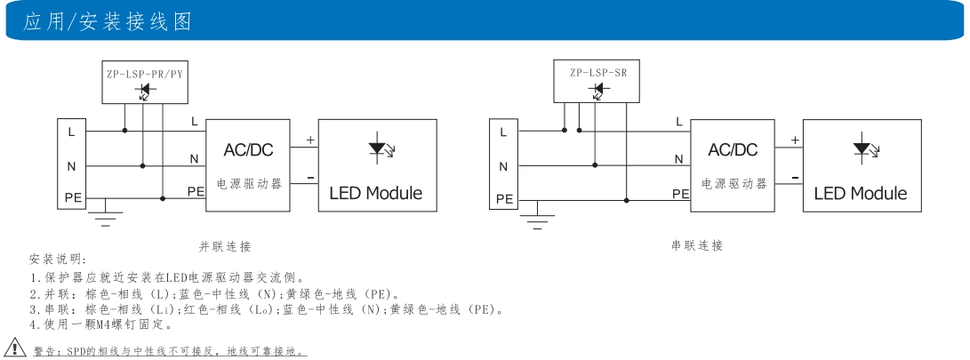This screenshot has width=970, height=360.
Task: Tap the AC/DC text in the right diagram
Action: click(733, 150)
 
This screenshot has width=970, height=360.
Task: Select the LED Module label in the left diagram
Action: click(376, 193)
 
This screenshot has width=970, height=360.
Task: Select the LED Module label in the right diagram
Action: click(861, 193)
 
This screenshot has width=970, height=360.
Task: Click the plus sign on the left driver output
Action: click(310, 140)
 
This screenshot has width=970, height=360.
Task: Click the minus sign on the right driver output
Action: click(795, 178)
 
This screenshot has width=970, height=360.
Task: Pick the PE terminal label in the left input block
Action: click(73, 198)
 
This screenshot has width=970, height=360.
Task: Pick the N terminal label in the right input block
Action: click(503, 166)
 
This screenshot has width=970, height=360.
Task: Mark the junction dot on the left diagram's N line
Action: click(143, 164)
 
